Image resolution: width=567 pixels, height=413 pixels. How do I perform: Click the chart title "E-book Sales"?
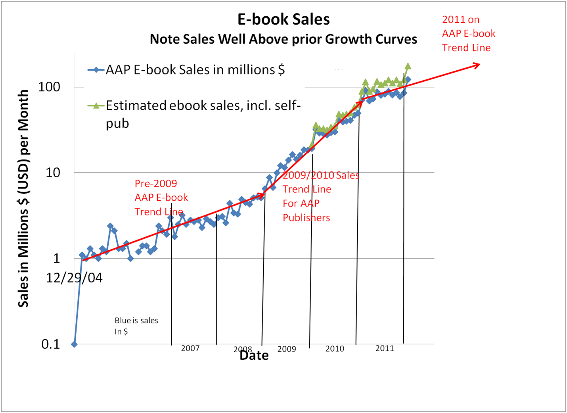(283, 19)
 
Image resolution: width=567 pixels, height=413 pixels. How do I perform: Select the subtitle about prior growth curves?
(283, 39)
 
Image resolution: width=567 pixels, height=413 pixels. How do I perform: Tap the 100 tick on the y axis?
(49, 87)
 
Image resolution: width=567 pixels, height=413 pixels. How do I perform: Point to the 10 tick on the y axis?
(53, 173)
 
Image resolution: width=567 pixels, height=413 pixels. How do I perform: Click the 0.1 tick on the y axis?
(51, 344)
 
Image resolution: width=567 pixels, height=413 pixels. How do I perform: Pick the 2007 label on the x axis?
(190, 348)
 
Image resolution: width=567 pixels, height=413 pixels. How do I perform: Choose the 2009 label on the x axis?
(287, 349)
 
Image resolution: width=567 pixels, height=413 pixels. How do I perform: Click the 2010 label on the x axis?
(335, 349)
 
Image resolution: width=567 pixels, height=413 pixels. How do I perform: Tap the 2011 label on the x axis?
(385, 348)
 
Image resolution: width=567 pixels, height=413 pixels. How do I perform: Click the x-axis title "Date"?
(254, 355)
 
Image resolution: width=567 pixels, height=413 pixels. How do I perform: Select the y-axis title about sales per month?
(23, 198)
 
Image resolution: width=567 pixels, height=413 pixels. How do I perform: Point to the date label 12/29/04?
(74, 278)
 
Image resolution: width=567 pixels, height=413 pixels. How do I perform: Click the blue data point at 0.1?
(74, 344)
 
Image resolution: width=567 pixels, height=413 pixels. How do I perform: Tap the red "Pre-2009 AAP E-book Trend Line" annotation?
(161, 198)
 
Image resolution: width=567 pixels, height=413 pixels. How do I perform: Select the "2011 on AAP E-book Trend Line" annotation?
(469, 34)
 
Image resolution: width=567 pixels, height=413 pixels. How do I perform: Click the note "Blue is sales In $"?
(136, 326)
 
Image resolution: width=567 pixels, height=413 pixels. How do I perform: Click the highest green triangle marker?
(408, 66)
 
